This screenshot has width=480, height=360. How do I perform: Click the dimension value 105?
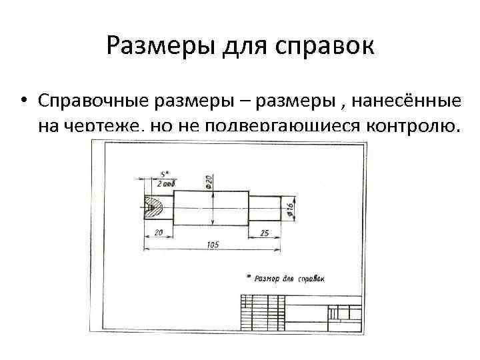pos(213,245)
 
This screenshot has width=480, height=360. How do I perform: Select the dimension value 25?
pos(265,233)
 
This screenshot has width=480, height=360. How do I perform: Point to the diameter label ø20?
pos(209,181)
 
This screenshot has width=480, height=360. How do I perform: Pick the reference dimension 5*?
pos(164,175)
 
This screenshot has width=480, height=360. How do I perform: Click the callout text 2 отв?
pos(166,183)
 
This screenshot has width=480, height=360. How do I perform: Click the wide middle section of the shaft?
pos(212,207)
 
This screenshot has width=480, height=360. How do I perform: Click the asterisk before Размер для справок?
pos(248,275)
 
